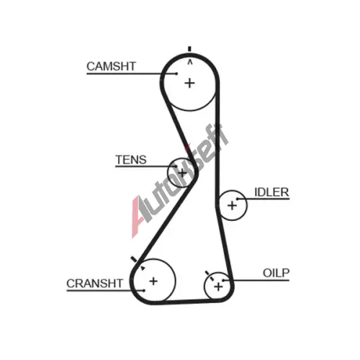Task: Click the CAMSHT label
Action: click(x=112, y=66)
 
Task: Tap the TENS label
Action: click(x=131, y=160)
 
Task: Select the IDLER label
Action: click(x=271, y=192)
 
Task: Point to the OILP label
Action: click(x=276, y=273)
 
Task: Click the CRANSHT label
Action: click(x=94, y=284)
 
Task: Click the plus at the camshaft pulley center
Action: click(x=189, y=84)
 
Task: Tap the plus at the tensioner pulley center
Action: click(x=182, y=173)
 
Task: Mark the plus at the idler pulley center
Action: click(x=232, y=205)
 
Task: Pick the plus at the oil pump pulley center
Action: click(x=218, y=287)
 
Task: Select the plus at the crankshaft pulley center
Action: click(x=153, y=281)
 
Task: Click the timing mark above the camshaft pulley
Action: click(x=189, y=49)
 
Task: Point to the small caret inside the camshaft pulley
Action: click(x=190, y=63)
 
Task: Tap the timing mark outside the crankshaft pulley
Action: click(x=134, y=259)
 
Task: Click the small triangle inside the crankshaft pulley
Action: click(x=143, y=268)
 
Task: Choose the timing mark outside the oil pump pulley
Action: click(x=207, y=274)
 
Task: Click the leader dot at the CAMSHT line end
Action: click(x=176, y=73)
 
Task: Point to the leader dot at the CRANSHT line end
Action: click(x=144, y=291)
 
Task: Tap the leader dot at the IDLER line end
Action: click(x=237, y=199)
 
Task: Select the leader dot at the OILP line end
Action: click(x=223, y=280)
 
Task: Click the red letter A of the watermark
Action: click(x=137, y=217)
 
